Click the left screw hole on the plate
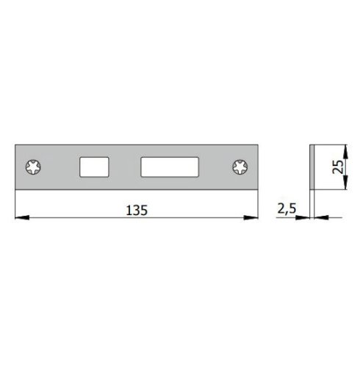point(35,167)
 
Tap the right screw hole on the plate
point(241,167)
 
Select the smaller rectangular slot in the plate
point(93,167)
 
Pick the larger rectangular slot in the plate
point(170,167)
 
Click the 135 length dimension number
point(137,210)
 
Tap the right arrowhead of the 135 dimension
point(255,218)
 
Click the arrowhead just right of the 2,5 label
point(304,217)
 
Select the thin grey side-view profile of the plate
point(312,167)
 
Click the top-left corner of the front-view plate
point(16,145)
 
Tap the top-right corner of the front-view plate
point(259,145)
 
